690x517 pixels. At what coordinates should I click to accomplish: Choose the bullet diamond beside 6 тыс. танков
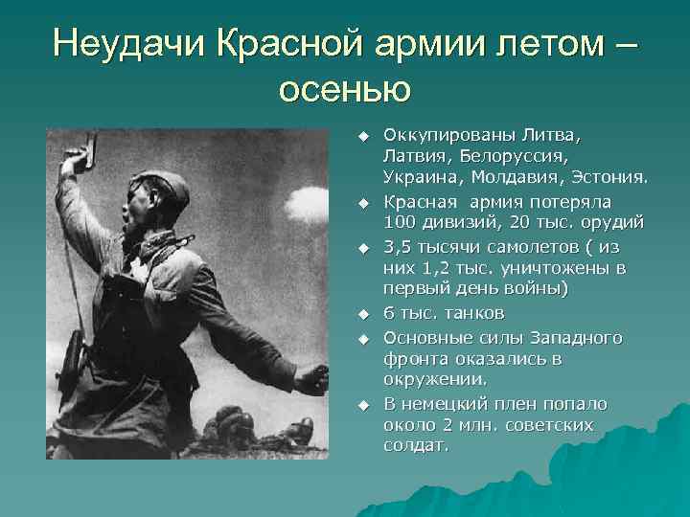coord(364,314)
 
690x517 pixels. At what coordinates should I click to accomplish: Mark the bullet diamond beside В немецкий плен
coord(364,404)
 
